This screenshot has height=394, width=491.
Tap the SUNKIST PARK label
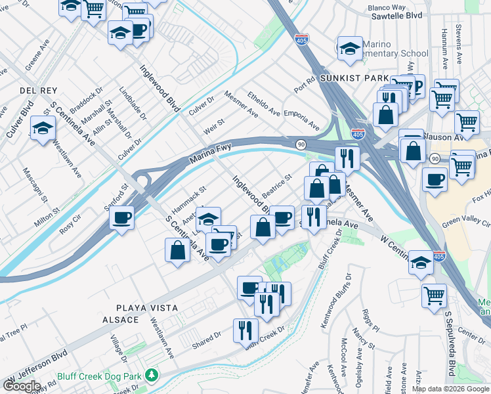click(x=346, y=78)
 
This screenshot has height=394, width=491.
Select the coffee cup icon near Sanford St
click(x=122, y=217)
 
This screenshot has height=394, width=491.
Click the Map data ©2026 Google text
click(x=450, y=389)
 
